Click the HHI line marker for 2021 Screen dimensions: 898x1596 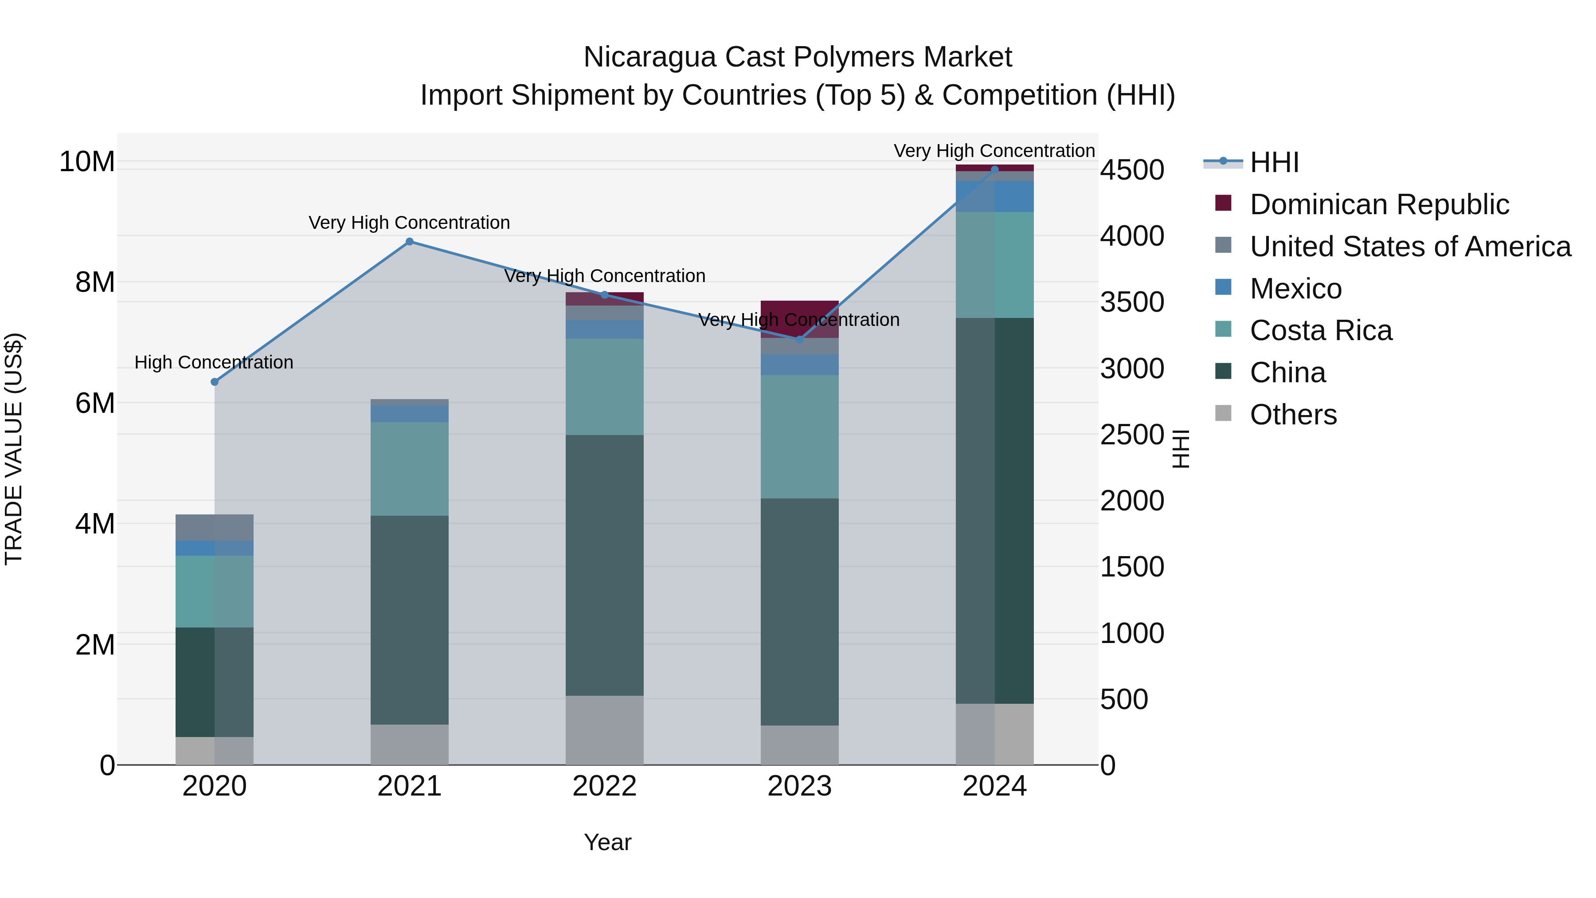[410, 242]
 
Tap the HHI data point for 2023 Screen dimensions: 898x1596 [799, 340]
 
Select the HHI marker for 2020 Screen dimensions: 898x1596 [215, 382]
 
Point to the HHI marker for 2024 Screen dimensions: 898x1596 [994, 169]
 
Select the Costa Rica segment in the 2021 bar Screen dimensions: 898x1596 [410, 469]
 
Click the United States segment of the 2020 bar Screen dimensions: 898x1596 [215, 527]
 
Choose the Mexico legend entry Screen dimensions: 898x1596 [1295, 289]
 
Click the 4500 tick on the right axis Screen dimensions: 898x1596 [1132, 170]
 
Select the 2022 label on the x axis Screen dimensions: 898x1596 [604, 786]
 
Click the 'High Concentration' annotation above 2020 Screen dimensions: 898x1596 [214, 363]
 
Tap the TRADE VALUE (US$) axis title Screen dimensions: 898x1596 [14, 449]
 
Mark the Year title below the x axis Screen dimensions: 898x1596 [607, 842]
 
